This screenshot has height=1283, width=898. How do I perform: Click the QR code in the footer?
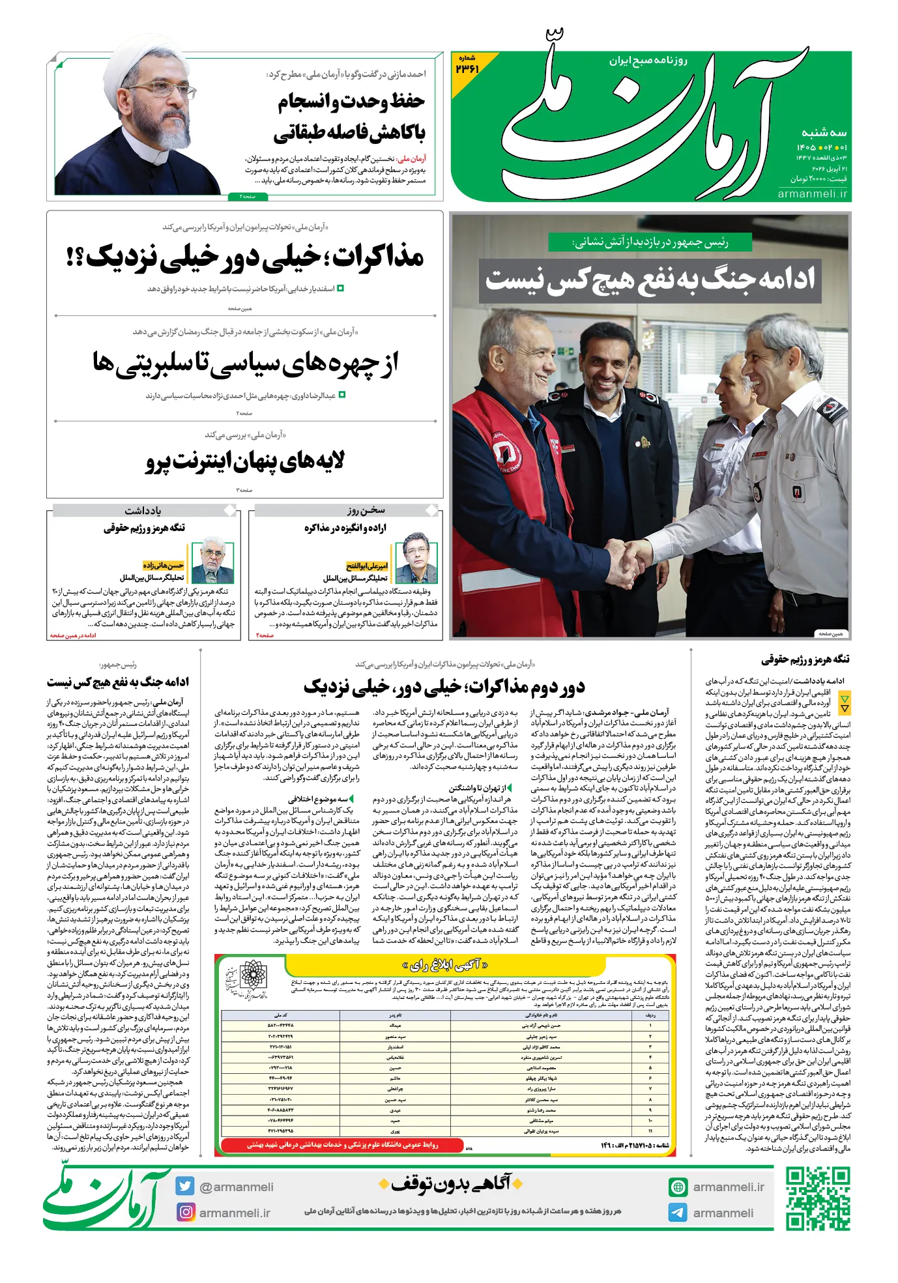817,1199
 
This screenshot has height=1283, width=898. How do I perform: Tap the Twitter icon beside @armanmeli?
185,1187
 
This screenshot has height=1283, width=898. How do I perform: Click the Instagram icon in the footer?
185,1212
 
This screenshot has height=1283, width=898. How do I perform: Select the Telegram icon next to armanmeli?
678,1212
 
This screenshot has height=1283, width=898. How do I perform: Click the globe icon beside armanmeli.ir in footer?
678,1187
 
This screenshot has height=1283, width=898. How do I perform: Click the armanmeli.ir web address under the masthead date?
813,194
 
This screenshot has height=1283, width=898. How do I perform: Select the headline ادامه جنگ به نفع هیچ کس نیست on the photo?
650,280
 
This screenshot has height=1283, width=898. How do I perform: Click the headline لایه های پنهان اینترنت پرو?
245,461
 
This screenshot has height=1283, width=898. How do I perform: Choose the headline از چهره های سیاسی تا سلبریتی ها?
245,362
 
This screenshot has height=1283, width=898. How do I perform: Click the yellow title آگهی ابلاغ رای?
445,965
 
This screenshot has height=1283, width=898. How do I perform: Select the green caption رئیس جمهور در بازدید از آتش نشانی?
650,242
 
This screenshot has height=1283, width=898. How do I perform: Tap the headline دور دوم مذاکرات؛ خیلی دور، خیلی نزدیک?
444,687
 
